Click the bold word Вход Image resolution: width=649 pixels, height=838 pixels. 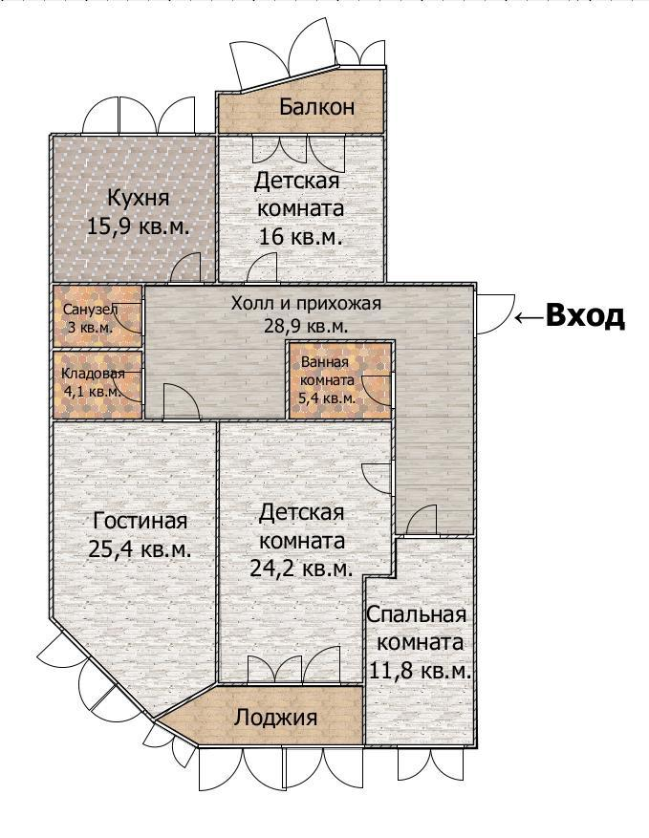tap(585, 315)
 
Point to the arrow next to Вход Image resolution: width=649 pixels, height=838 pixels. tap(530, 317)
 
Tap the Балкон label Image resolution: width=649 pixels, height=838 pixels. tap(316, 107)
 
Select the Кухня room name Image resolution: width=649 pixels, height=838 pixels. tap(139, 197)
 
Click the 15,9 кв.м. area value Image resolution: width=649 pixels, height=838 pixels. tap(139, 226)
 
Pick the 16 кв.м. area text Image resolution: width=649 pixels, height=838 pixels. tap(300, 236)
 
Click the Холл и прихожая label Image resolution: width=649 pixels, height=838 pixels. tap(306, 303)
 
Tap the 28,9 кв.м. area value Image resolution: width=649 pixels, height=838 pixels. tap(306, 326)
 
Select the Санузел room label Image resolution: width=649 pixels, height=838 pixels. tap(91, 310)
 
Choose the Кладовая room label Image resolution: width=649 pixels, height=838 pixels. tap(93, 373)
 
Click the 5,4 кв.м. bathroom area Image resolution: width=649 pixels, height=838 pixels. tap(327, 398)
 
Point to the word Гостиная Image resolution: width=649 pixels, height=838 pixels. tap(141, 520)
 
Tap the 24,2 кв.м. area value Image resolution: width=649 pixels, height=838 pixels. tap(301, 569)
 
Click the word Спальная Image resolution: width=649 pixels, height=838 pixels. tap(417, 614)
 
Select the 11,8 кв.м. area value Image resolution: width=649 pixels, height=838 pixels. tap(421, 670)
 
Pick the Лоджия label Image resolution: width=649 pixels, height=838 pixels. tap(275, 718)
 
